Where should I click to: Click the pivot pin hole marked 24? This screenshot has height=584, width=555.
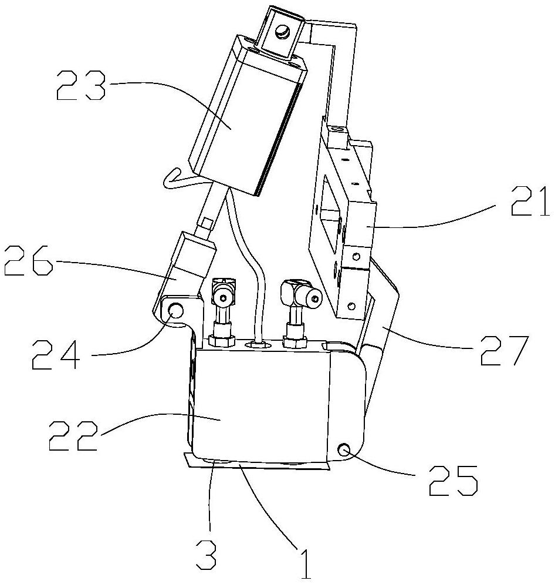point(175,310)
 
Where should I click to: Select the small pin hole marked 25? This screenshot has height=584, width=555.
point(344,451)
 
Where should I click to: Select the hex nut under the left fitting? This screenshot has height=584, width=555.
point(222,340)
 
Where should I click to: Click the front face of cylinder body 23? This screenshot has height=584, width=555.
point(235,118)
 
